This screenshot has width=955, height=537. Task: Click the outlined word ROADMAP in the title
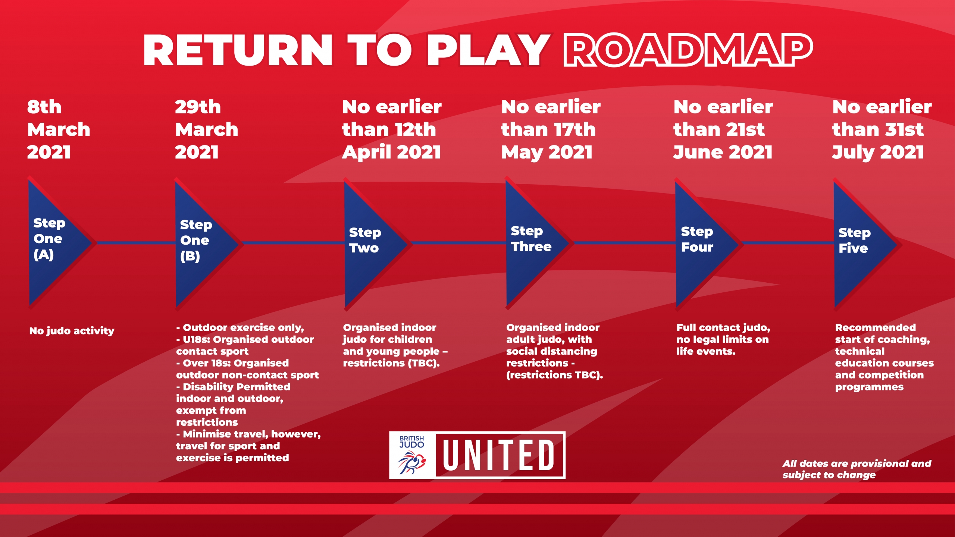pos(688,50)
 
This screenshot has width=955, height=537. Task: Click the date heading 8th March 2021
pos(59,129)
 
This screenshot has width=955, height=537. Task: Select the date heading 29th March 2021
pos(206,129)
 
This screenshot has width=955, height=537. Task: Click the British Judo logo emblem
pos(412,455)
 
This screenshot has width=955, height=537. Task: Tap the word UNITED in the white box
pos(499,455)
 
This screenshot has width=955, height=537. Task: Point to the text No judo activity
pos(72,331)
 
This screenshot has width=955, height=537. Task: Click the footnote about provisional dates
pos(857,469)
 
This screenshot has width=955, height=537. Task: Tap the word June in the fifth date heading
pos(698,152)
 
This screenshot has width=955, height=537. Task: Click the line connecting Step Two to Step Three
pos(459,243)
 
